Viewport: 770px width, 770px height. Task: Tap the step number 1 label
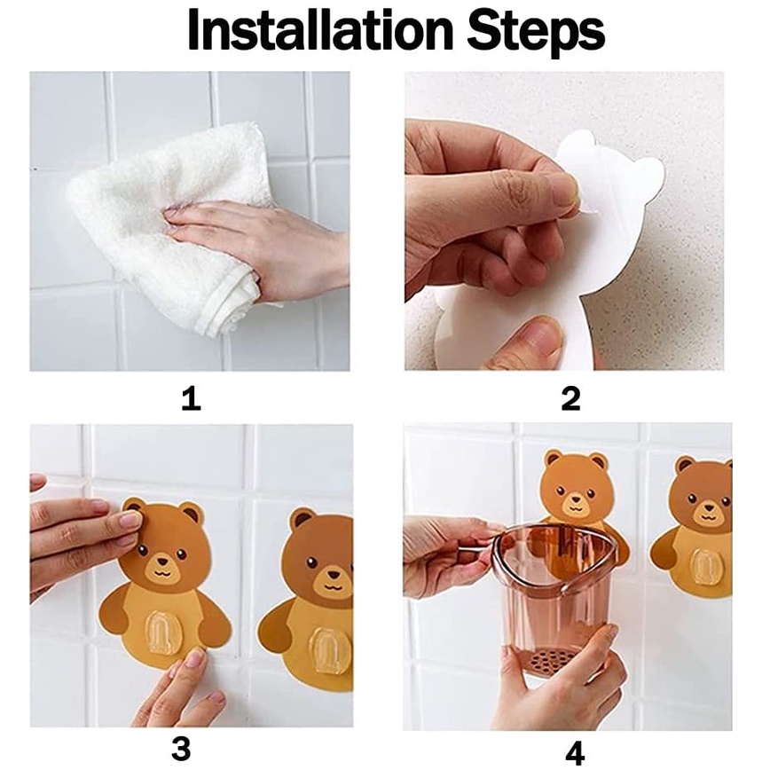pos(191,398)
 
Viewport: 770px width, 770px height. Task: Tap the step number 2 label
pos(570,398)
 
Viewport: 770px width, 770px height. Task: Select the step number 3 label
pos(181,750)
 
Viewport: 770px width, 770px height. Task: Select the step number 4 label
pos(575,752)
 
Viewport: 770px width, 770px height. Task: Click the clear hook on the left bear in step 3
pos(164,632)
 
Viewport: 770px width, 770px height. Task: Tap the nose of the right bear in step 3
pos(334,575)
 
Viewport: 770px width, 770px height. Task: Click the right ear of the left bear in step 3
pos(192,514)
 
